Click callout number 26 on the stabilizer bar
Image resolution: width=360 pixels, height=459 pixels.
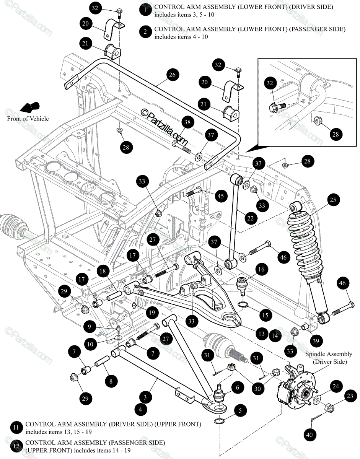[172, 75]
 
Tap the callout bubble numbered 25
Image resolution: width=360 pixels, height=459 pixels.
[333, 200]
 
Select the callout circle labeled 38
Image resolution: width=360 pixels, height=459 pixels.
[187, 122]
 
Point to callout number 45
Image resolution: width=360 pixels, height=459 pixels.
[221, 196]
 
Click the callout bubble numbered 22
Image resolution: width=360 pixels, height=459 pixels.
[250, 218]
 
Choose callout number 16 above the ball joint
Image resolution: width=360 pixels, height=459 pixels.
[261, 270]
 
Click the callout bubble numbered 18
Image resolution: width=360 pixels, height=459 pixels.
[103, 271]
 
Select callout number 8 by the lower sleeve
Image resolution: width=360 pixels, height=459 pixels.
[111, 381]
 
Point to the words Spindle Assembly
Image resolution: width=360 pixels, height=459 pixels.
[329, 355]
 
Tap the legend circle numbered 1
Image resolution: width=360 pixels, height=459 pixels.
[145, 11]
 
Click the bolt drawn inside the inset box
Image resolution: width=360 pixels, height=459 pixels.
[277, 106]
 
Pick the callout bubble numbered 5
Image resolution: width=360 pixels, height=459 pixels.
[240, 411]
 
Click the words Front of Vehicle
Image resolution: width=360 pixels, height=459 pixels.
[28, 119]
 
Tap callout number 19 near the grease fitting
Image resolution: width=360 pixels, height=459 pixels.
[152, 313]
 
